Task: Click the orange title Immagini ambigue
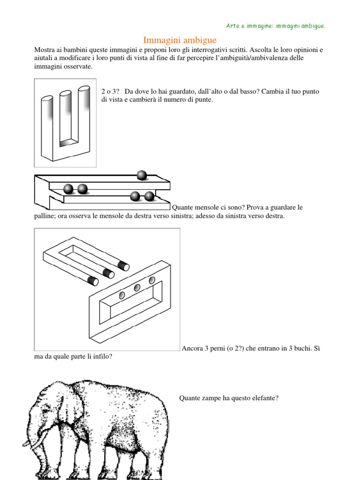(180, 41)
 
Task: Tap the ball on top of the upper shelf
(142, 175)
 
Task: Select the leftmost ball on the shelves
(68, 189)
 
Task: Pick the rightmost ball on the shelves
(149, 196)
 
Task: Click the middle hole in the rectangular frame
(137, 288)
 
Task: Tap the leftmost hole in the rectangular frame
(122, 295)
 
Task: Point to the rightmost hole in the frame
(152, 280)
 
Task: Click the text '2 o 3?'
(109, 91)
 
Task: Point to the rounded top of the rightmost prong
(84, 88)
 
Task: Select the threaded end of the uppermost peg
(123, 266)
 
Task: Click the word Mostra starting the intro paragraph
(45, 50)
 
